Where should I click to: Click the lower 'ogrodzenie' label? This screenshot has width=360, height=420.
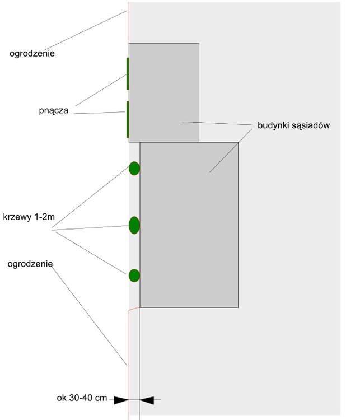30,263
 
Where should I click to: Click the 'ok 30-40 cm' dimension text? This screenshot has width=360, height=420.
82,398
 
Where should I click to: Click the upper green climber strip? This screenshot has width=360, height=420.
128,73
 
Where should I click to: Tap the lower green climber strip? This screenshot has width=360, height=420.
128,119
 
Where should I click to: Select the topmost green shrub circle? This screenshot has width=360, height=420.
134,168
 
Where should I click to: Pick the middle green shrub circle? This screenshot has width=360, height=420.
134,225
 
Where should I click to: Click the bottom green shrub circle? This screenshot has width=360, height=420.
134,276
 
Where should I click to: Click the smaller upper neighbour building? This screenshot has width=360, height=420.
163,92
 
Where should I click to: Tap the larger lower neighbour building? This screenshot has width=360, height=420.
189,224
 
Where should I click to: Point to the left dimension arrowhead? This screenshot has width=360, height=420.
120,400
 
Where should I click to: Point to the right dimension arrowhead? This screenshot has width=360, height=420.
147,400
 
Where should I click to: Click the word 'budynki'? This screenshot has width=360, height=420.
273,125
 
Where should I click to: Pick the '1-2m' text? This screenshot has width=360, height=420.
44,217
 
